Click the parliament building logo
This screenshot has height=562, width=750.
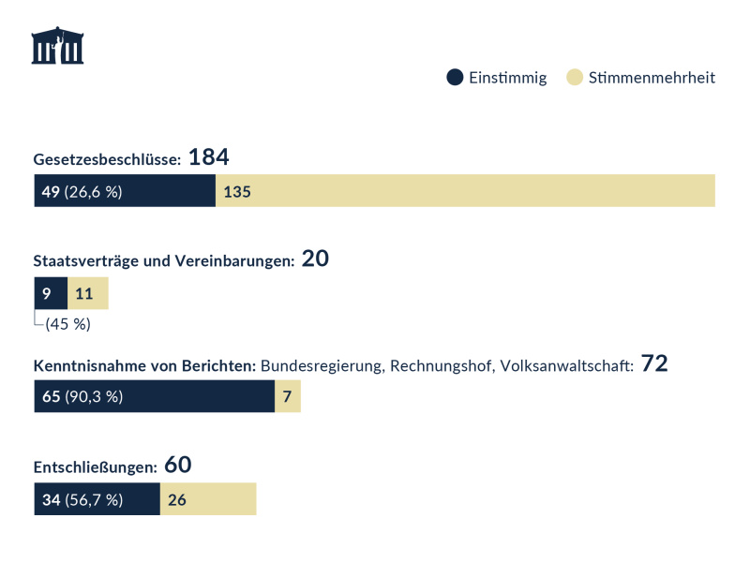click(57, 46)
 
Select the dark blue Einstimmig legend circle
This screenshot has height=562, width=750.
click(455, 78)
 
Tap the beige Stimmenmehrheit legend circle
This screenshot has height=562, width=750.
click(575, 78)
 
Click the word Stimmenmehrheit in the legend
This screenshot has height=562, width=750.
click(652, 78)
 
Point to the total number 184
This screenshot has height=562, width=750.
click(208, 157)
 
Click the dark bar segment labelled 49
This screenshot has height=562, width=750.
click(125, 192)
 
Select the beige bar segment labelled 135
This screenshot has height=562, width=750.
click(465, 192)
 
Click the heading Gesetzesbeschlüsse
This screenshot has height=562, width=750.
click(107, 159)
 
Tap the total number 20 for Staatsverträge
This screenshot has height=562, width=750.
click(315, 259)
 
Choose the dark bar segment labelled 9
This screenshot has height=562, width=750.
click(51, 294)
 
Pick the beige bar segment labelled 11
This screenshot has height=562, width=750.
click(88, 294)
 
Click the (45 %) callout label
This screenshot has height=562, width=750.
click(67, 325)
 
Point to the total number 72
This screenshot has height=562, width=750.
click(654, 363)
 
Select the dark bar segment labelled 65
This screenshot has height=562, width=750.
click(154, 396)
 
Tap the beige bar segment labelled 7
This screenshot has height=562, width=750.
click(288, 396)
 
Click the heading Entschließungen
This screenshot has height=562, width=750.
click(95, 466)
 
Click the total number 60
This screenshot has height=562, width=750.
click(177, 465)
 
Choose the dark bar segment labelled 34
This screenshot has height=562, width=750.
click(97, 499)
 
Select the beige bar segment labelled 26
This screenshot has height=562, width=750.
click(208, 499)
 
